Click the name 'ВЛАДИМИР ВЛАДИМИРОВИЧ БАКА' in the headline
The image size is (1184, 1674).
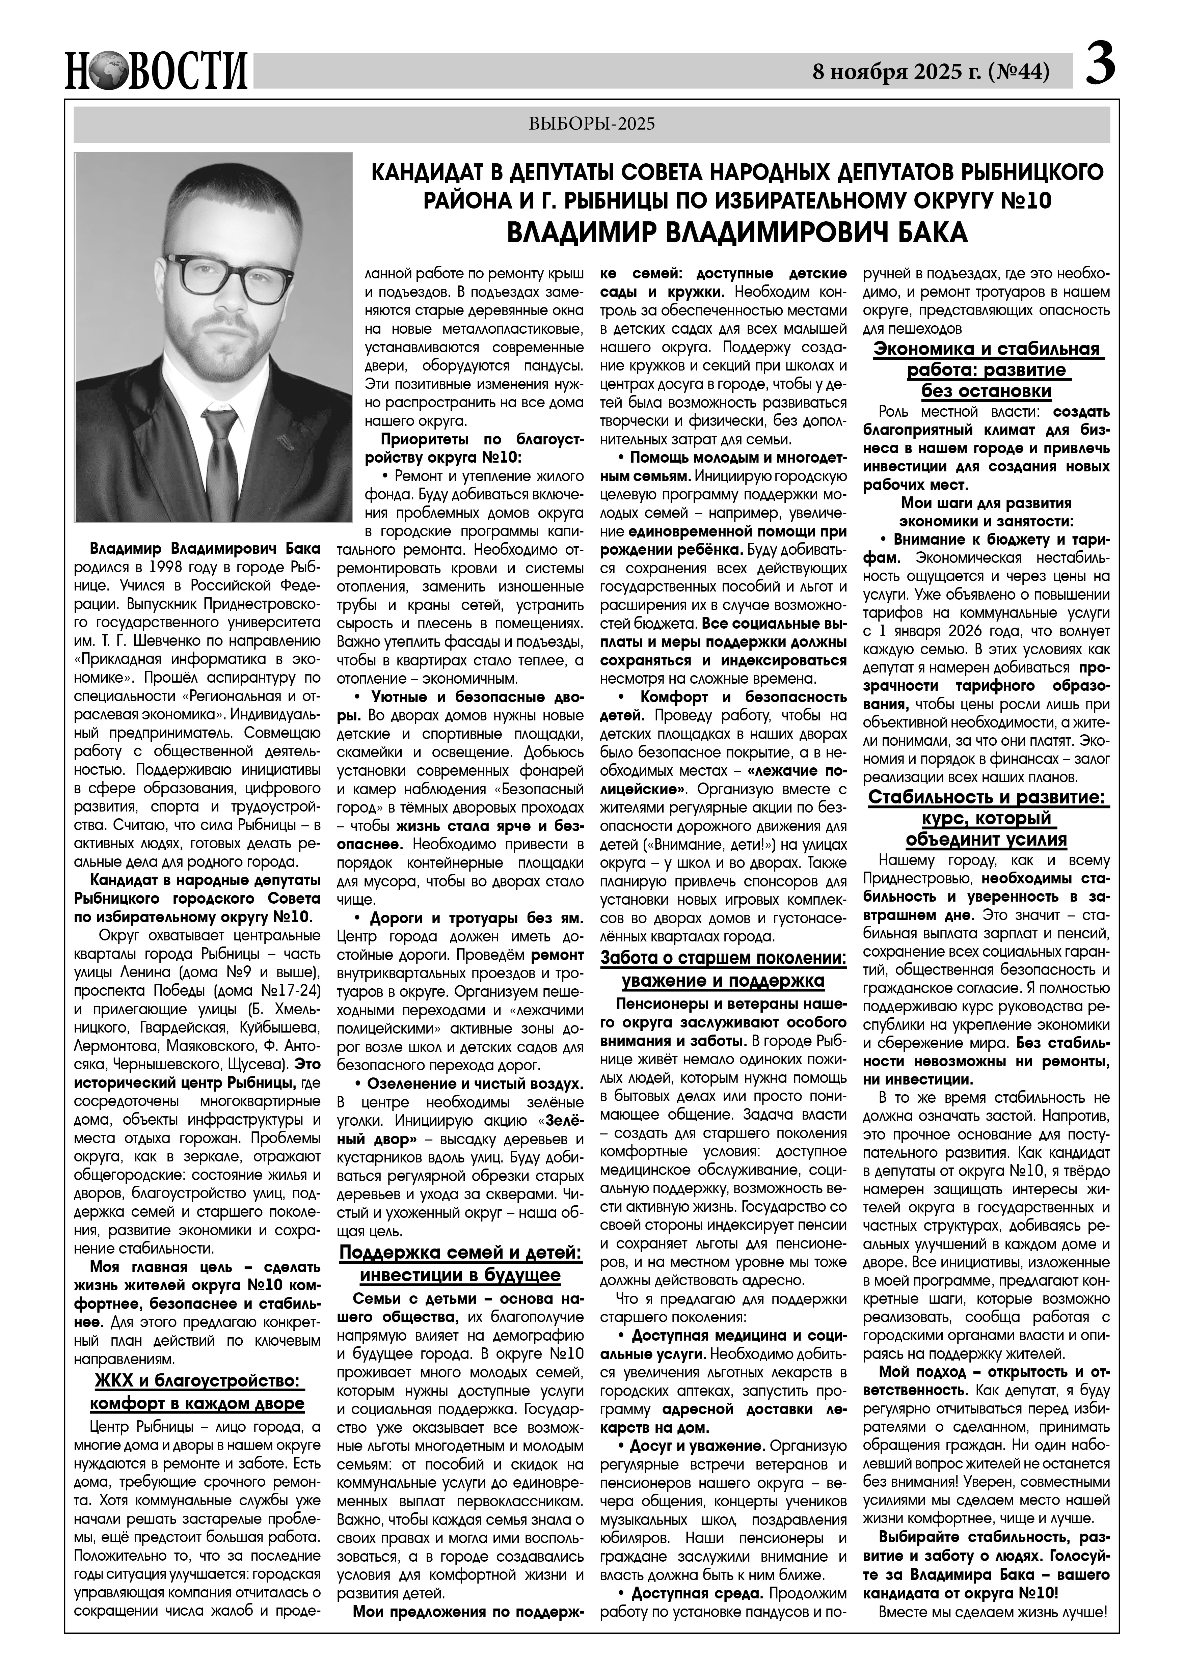[736, 232]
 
